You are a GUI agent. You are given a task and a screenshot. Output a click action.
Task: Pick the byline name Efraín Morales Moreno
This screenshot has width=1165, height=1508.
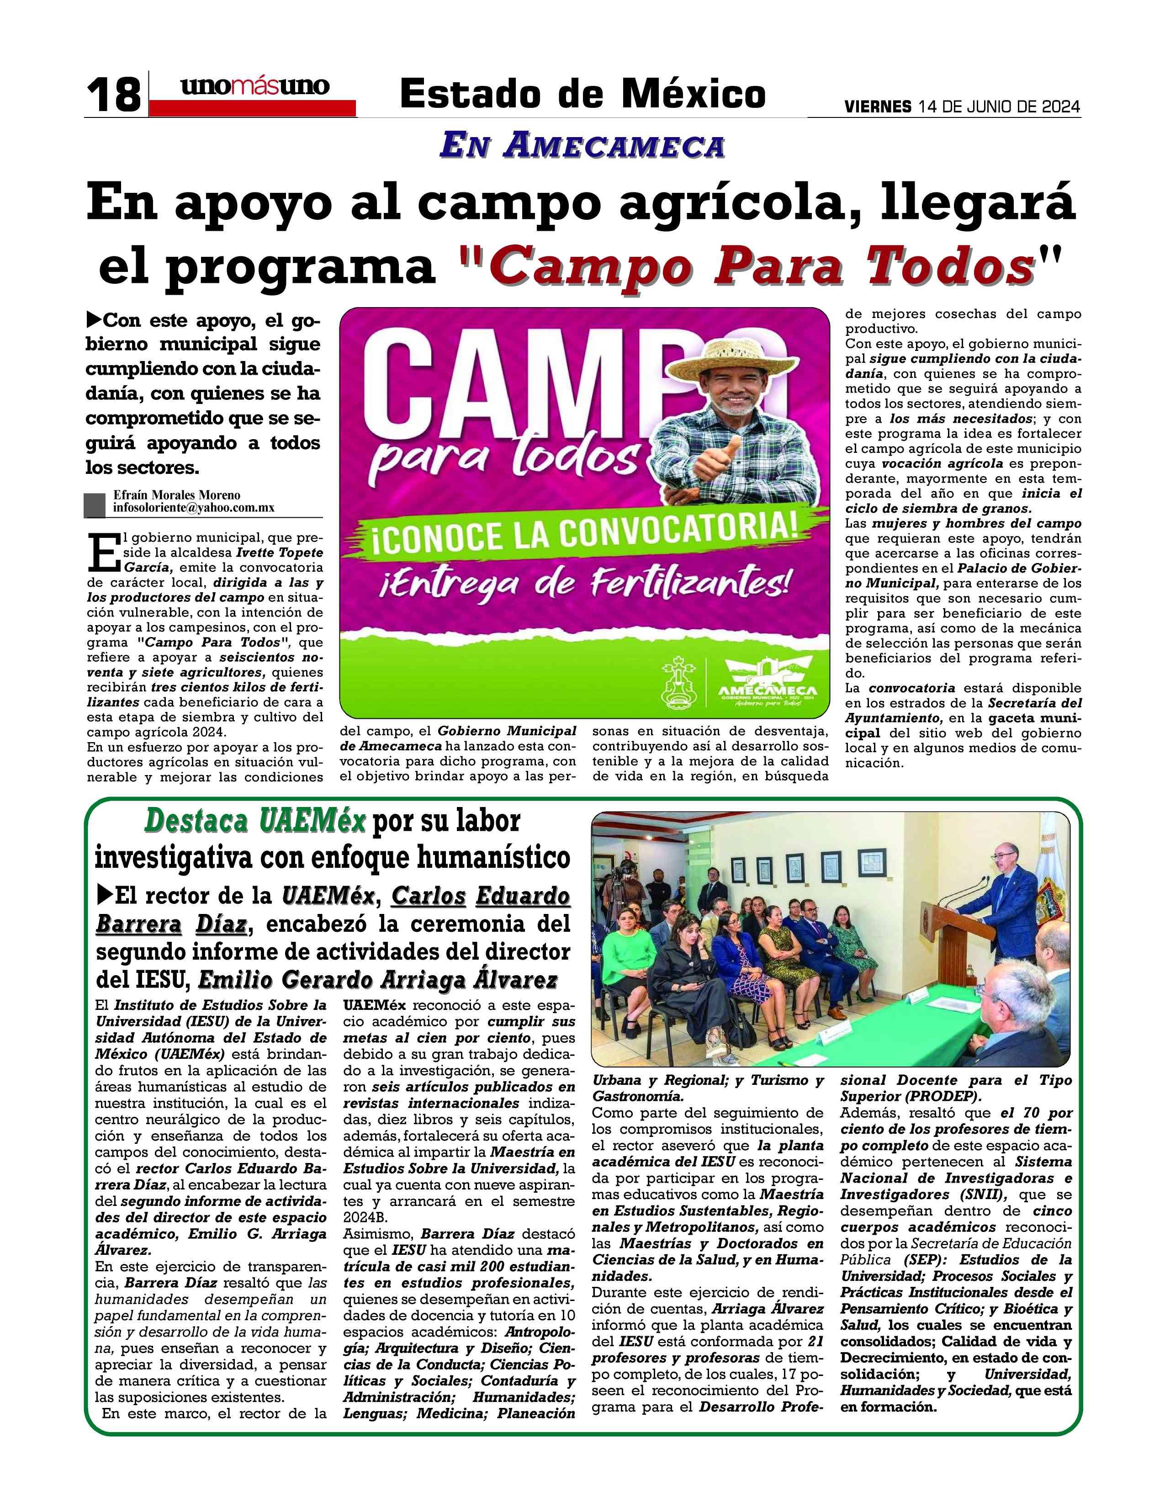pos(177,495)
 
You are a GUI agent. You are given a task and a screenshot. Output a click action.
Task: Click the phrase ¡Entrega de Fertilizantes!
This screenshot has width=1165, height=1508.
pos(584,584)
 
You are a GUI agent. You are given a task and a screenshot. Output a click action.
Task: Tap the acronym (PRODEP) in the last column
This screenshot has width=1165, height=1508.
pos(942,1096)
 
